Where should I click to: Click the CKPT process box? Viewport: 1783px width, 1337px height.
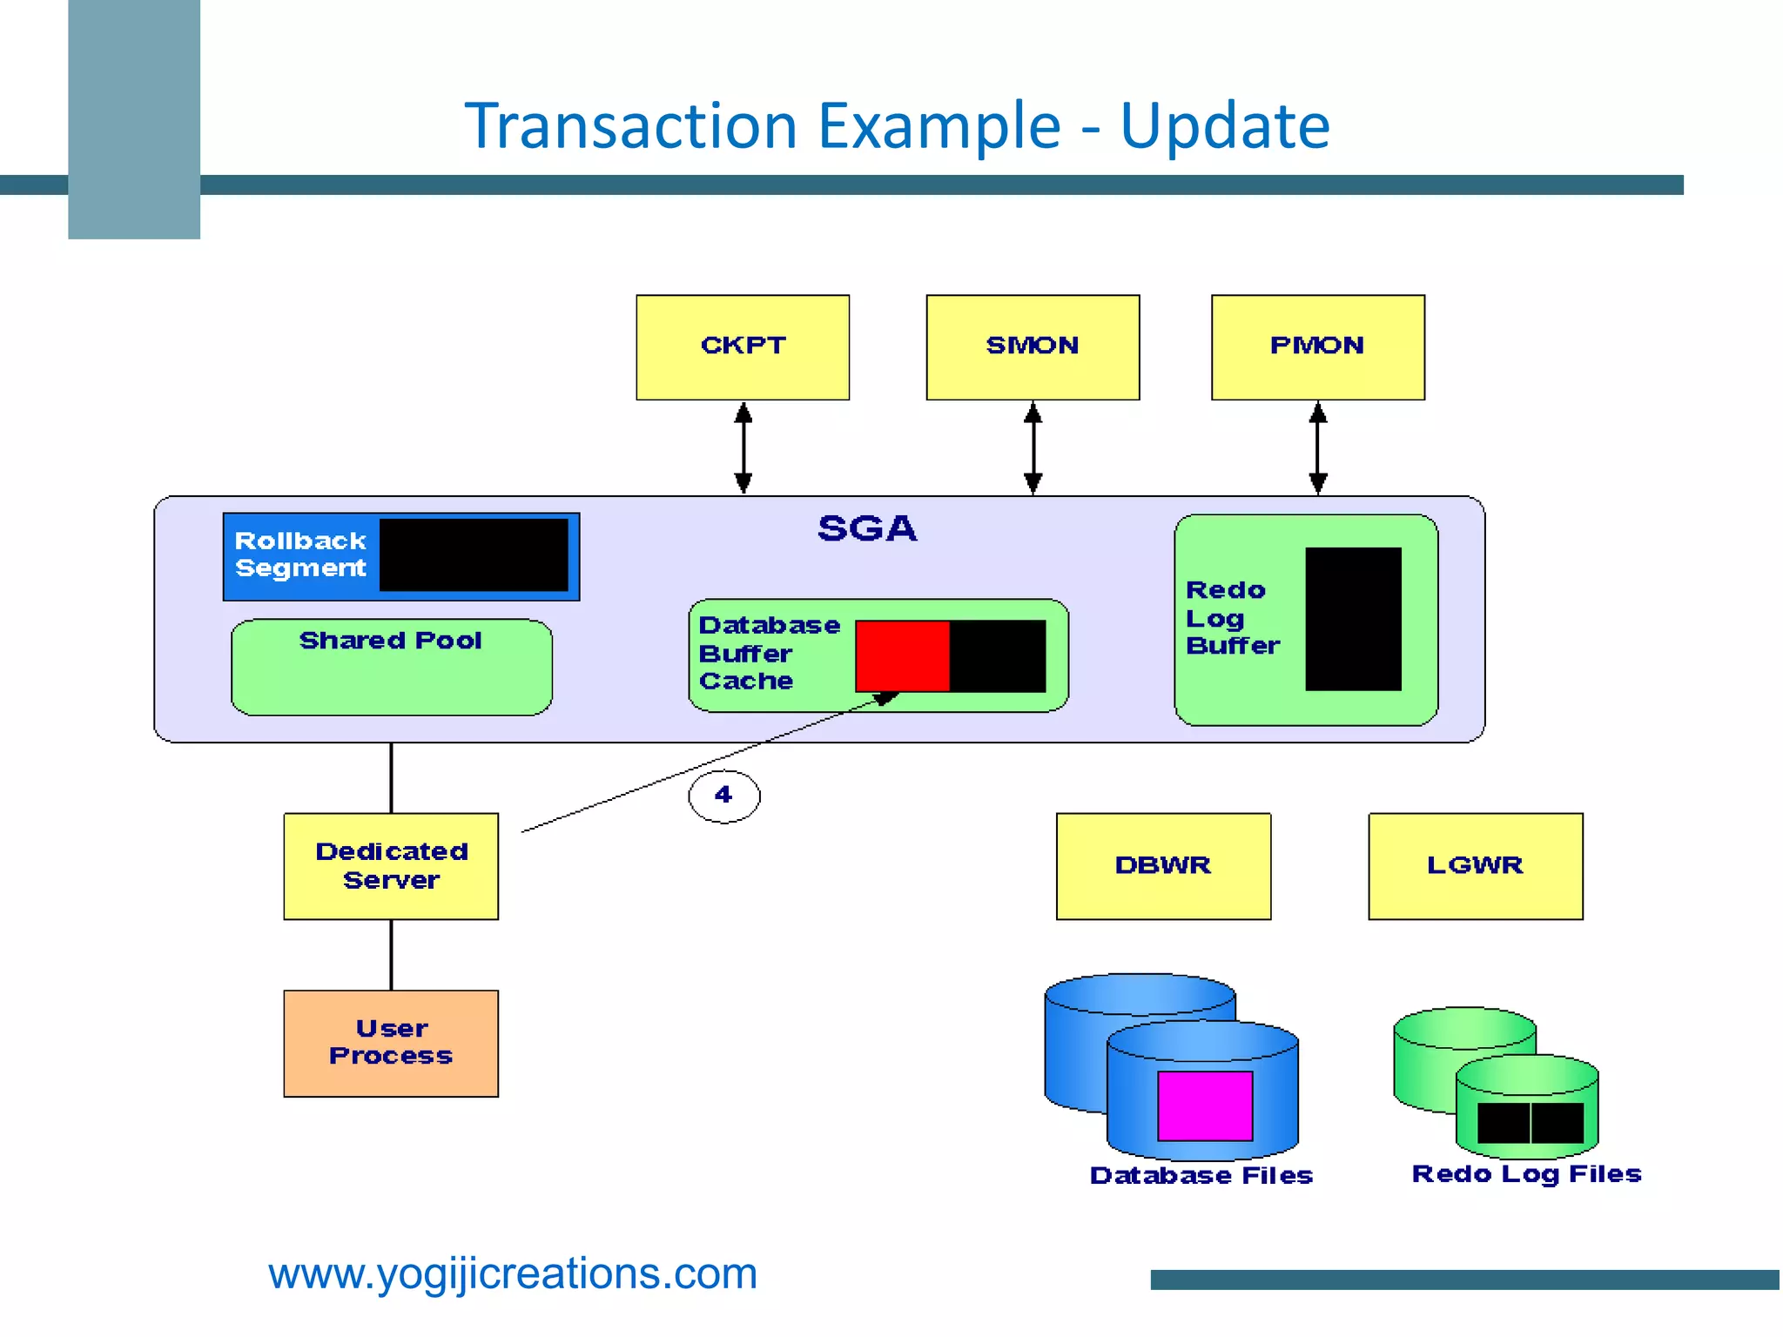743,347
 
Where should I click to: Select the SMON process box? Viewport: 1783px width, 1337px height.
1033,347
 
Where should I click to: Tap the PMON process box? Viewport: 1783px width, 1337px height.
1317,347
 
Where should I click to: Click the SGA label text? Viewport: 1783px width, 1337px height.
867,528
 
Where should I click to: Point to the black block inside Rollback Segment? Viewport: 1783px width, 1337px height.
474,555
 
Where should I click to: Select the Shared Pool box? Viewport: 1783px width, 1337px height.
391,668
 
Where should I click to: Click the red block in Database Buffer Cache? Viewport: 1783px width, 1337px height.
902,655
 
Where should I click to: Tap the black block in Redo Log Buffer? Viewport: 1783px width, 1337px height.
1353,619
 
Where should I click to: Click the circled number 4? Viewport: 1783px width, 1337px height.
723,796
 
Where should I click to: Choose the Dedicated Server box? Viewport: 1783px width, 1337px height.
391,866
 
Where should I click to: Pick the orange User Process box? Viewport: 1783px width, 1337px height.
391,1043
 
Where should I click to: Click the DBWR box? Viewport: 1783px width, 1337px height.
1163,866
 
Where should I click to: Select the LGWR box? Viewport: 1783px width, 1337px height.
1475,866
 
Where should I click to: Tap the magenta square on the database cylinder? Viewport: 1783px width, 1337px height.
1205,1105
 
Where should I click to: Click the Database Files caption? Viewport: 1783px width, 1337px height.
1201,1175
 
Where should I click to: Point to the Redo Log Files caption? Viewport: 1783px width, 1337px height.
1526,1173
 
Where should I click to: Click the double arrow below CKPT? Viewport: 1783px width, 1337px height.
743,447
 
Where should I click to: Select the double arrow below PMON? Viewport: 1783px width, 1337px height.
1318,447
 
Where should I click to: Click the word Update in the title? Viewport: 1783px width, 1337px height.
1225,125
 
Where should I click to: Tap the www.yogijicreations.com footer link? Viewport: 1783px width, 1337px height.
513,1273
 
